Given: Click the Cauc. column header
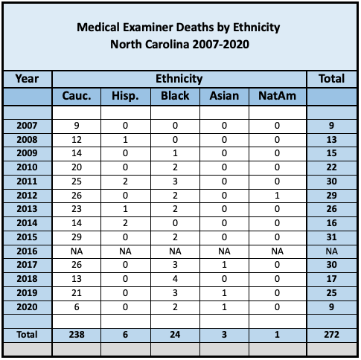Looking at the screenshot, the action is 77,96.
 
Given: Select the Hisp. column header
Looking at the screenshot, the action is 125,96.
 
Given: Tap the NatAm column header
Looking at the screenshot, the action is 277,96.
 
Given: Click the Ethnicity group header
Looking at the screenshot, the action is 179,79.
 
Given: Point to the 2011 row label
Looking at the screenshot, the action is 27,181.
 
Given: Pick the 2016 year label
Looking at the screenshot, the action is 27,251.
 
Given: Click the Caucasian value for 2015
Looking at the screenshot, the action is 77,237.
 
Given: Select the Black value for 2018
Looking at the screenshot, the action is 175,279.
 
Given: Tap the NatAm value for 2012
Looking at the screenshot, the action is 277,196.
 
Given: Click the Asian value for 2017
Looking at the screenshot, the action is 224,265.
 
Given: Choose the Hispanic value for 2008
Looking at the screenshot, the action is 125,140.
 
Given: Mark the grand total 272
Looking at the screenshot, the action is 331,335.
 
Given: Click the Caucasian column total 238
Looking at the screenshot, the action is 77,335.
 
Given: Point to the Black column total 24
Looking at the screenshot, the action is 175,335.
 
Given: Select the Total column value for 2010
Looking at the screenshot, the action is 331,167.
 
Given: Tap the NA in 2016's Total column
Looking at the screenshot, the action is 331,251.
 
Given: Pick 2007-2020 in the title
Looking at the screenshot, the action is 220,45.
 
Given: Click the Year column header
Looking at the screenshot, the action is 27,79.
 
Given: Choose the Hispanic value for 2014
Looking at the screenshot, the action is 125,223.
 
